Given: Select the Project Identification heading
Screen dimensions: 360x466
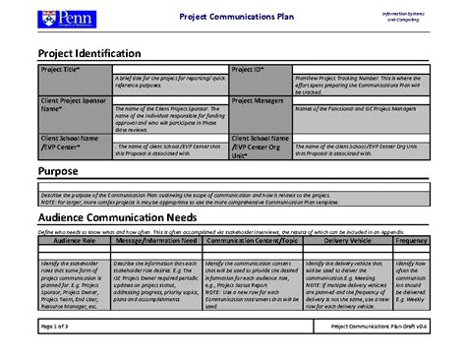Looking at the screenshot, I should coord(88,52).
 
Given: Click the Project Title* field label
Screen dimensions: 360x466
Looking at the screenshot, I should coord(62,71).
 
